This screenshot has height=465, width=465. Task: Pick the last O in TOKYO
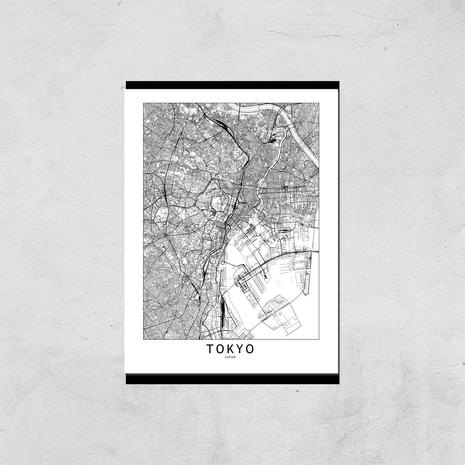pyautogui.click(x=250, y=349)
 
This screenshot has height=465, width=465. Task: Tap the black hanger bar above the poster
pyautogui.click(x=233, y=85)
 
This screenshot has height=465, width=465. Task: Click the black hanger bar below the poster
pyautogui.click(x=233, y=379)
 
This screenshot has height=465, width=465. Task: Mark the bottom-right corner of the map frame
pyautogui.click(x=319, y=339)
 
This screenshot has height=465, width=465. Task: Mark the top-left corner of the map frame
pyautogui.click(x=144, y=103)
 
